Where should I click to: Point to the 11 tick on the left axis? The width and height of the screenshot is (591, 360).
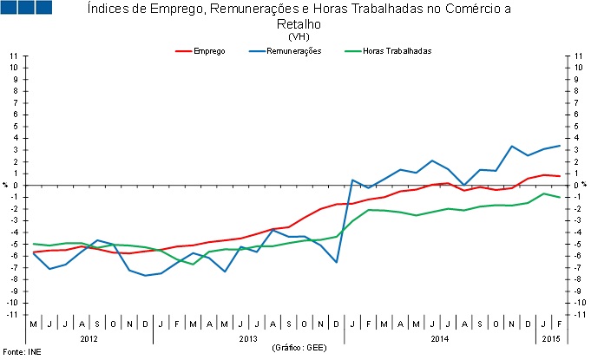tap(14, 56)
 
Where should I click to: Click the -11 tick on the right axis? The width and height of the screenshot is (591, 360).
tap(576, 314)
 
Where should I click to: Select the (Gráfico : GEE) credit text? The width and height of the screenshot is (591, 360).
tap(297, 346)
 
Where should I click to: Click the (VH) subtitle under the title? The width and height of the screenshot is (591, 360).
tap(298, 36)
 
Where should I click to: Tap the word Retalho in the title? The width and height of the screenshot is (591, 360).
tap(298, 25)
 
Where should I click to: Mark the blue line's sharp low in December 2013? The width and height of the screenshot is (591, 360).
tap(337, 262)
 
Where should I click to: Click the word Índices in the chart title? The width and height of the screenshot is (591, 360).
tap(108, 10)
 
